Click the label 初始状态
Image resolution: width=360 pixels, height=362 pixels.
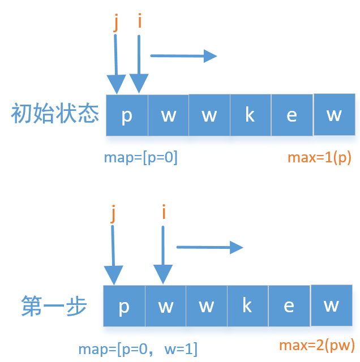55,115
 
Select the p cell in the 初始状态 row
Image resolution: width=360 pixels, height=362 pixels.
127,115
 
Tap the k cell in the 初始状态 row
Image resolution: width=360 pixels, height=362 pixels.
250,115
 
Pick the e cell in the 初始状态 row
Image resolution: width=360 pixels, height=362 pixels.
292,115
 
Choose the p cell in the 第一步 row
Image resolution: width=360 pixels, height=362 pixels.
125,306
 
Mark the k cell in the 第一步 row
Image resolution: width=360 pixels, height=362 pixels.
247,306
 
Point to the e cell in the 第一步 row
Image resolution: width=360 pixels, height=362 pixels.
289,306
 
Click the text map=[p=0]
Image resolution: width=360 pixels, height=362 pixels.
141,158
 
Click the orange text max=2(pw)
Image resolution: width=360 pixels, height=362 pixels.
317,345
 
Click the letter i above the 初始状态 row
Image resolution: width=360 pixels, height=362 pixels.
139,22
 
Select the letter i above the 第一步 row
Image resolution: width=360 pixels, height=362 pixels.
164,212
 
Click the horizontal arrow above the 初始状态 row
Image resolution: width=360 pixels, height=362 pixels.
184,55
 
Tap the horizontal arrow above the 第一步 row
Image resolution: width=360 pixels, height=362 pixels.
209,247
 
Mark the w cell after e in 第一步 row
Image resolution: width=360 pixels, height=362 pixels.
331,305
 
